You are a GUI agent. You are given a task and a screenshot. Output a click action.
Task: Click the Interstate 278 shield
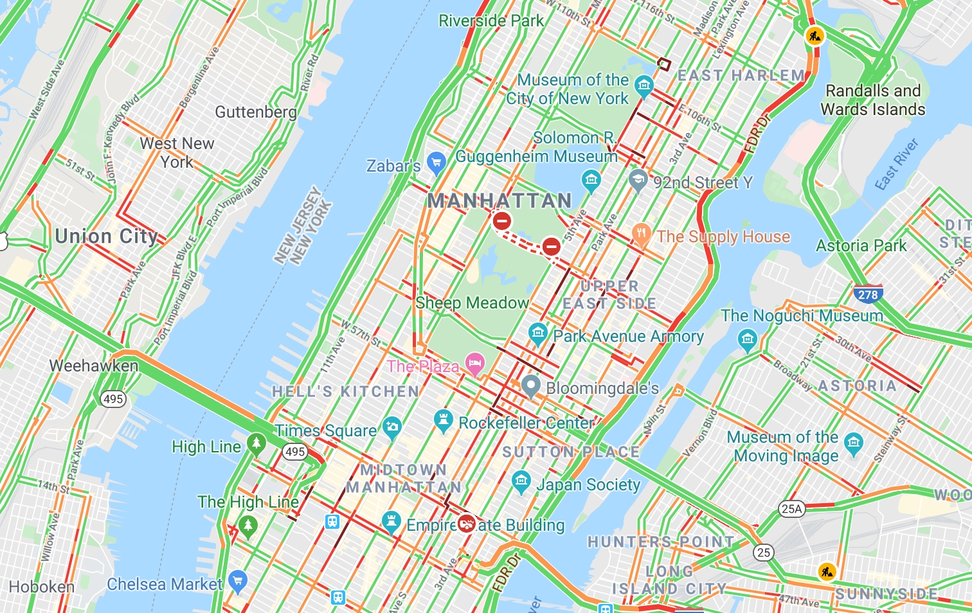click(x=867, y=294)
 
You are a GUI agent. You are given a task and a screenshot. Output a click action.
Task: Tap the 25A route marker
click(x=791, y=509)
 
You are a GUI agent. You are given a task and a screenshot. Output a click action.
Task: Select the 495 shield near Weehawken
click(x=113, y=399)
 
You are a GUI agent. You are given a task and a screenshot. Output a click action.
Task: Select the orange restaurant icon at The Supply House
click(x=641, y=235)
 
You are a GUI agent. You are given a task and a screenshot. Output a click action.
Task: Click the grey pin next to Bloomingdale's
click(x=530, y=386)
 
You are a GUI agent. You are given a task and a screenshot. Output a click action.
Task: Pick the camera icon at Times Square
click(x=392, y=427)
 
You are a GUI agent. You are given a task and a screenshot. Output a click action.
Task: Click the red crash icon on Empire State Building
click(x=466, y=524)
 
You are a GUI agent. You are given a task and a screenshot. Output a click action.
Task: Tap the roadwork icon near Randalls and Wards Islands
click(x=815, y=35)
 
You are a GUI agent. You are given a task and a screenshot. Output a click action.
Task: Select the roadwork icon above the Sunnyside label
click(x=827, y=571)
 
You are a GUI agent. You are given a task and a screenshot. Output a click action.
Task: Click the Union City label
click(x=106, y=236)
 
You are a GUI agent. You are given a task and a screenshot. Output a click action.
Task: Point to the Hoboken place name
click(x=42, y=587)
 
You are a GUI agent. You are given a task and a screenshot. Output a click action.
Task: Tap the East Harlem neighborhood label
click(x=741, y=76)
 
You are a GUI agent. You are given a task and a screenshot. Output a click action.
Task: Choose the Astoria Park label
click(x=861, y=245)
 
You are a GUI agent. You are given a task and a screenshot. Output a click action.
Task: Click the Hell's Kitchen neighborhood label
click(x=345, y=391)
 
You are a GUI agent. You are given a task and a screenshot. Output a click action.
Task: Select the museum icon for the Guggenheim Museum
click(x=591, y=180)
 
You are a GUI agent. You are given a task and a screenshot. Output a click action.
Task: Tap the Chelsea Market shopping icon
click(x=238, y=581)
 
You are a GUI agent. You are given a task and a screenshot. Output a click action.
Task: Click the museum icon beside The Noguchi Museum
click(x=746, y=339)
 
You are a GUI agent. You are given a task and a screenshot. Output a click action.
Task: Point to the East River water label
click(x=897, y=164)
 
